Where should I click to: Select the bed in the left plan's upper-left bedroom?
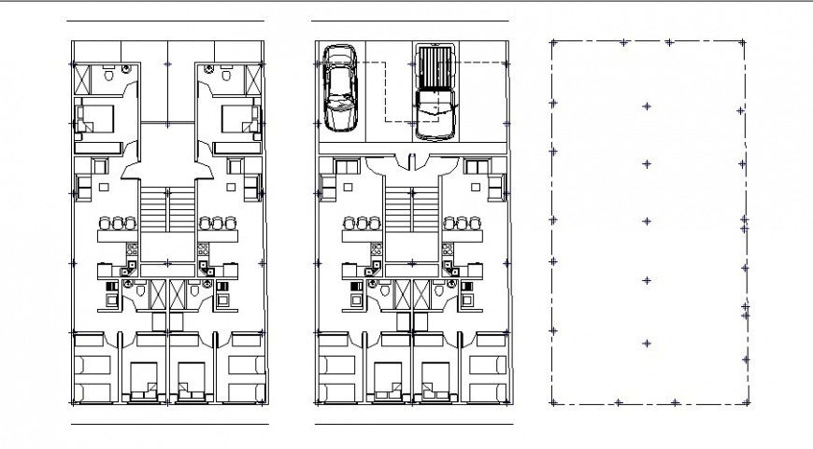click(x=95, y=120)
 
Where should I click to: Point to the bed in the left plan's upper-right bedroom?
click(x=239, y=120)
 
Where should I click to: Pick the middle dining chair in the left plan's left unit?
click(x=116, y=223)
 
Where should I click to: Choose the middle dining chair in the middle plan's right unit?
click(x=463, y=223)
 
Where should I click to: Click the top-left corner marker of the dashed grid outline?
click(x=553, y=42)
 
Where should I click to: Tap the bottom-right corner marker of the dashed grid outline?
click(x=746, y=402)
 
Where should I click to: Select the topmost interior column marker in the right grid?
click(x=647, y=107)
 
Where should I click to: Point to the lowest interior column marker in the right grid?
click(x=647, y=343)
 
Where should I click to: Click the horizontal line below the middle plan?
click(x=413, y=425)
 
